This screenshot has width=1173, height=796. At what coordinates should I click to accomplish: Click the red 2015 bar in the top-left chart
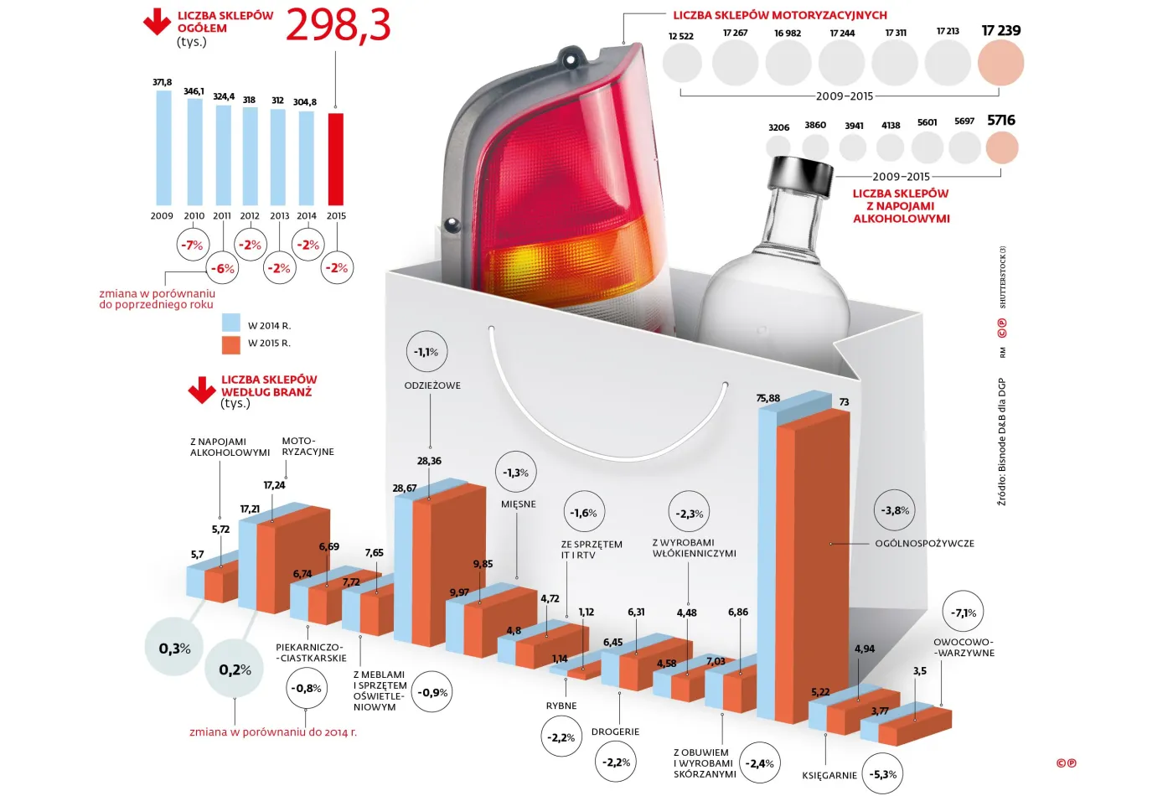click(x=335, y=159)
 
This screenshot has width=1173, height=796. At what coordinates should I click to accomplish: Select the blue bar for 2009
click(x=163, y=147)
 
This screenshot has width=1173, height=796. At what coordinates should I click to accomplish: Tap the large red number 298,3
click(x=338, y=25)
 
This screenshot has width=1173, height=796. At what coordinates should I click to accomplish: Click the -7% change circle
click(x=193, y=246)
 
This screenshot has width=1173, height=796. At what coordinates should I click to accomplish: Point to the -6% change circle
click(x=222, y=268)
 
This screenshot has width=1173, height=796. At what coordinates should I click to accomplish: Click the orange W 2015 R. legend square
click(x=231, y=344)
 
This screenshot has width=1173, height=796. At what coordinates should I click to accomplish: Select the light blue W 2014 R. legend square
click(x=231, y=323)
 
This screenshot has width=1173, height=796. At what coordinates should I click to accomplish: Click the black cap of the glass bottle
click(x=802, y=173)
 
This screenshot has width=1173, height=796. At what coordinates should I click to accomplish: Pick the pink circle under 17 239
click(x=1000, y=64)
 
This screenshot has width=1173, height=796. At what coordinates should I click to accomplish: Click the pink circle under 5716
click(x=1001, y=148)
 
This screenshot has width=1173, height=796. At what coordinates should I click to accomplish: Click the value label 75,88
click(x=767, y=398)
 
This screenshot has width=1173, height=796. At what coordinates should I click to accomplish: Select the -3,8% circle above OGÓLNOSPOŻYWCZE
click(x=895, y=510)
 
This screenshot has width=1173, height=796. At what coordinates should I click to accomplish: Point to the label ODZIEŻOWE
click(x=432, y=385)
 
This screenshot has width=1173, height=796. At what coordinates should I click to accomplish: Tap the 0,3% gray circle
click(x=174, y=648)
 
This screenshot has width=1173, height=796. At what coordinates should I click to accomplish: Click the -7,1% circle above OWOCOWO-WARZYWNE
click(x=963, y=613)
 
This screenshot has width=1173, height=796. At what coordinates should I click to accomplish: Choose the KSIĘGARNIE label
click(x=829, y=775)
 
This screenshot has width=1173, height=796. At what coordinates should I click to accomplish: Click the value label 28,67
click(x=404, y=488)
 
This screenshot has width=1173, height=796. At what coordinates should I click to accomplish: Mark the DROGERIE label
click(x=615, y=731)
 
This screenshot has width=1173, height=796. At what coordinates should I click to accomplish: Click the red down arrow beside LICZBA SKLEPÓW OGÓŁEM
click(x=157, y=23)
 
